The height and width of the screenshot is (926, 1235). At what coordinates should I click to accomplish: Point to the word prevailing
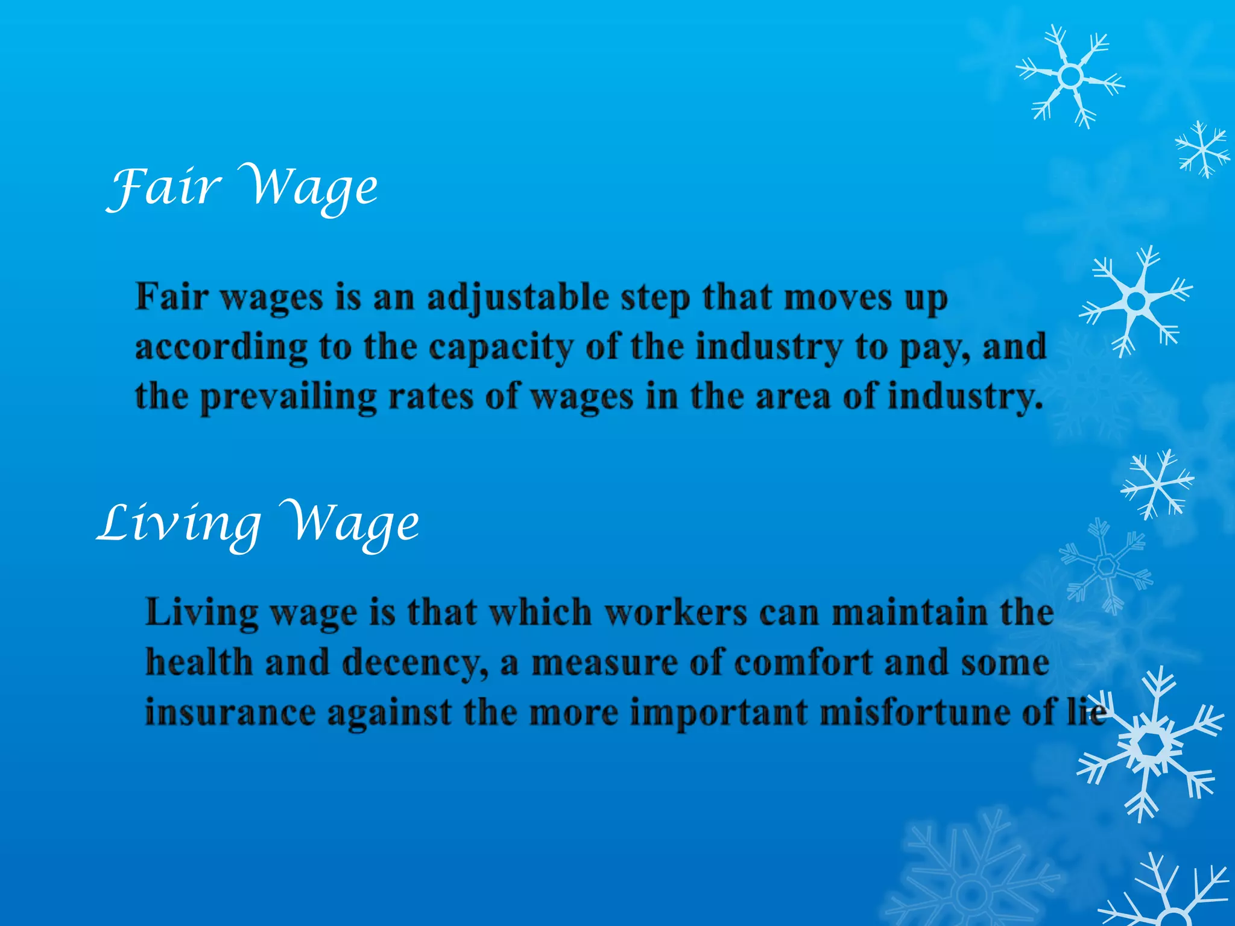(x=288, y=397)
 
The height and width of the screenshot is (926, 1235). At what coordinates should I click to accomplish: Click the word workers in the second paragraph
(x=675, y=613)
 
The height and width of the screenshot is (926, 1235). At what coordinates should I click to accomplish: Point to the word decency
(x=414, y=663)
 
